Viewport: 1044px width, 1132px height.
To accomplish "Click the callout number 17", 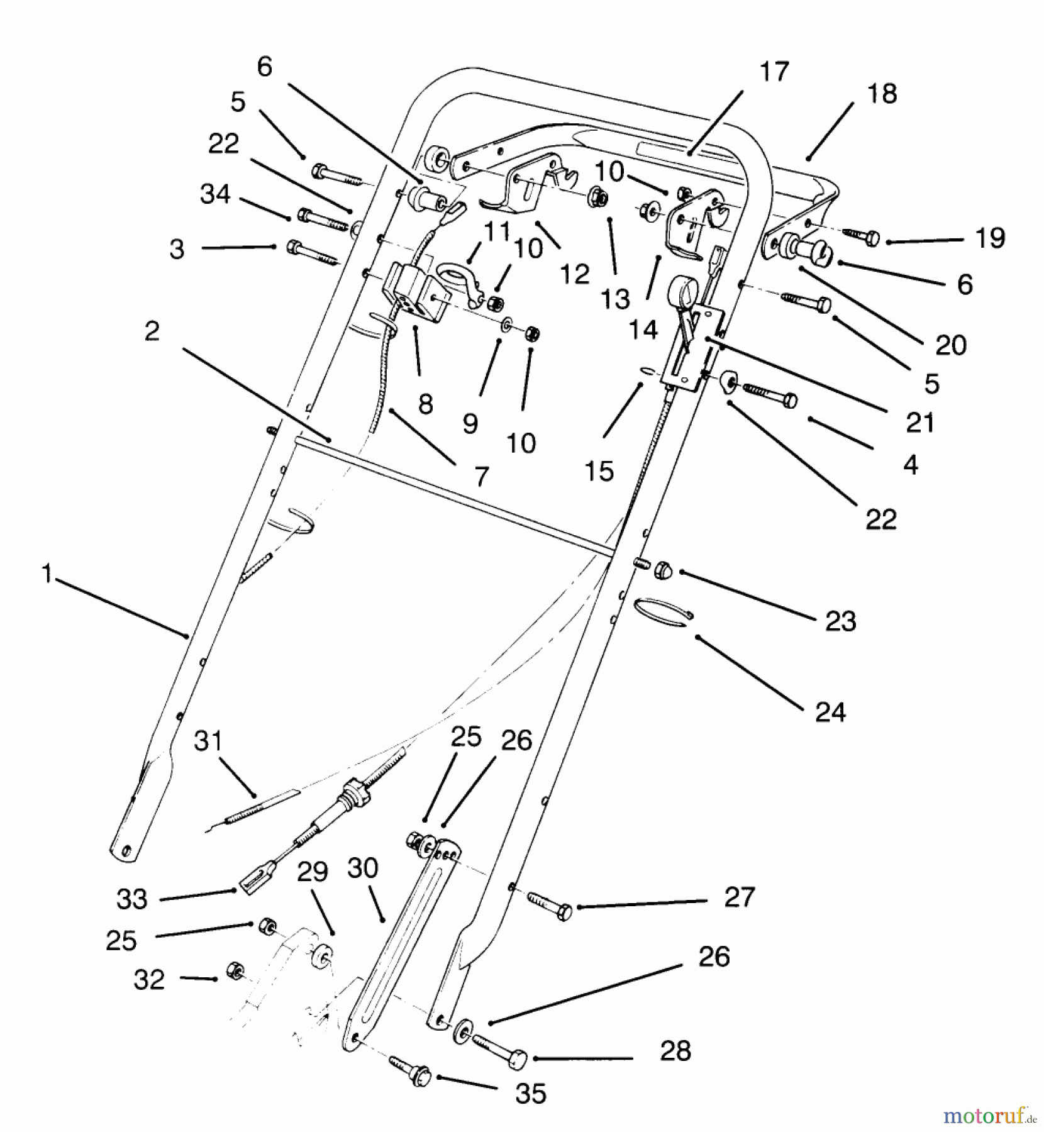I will point(774,72).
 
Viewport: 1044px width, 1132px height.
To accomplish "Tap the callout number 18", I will point(882,94).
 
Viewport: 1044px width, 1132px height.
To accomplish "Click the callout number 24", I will point(830,713).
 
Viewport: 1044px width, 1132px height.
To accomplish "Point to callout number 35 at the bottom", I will point(530,1094).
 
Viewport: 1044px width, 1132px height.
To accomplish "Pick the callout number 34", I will point(215,194).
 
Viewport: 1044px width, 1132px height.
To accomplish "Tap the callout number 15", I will point(598,470).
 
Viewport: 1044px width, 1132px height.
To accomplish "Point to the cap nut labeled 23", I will point(664,570).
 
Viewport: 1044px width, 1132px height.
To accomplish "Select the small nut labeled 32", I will point(235,969).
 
